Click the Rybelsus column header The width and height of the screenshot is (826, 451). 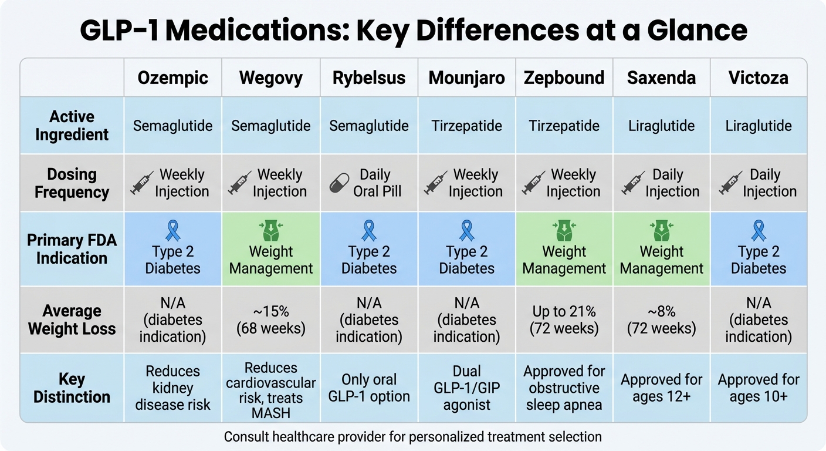coord(369,78)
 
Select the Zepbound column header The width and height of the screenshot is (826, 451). coord(564,78)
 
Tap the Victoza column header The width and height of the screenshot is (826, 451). coord(759,78)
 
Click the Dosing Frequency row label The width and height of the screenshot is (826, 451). coord(72,183)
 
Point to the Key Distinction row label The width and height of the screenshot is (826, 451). coord(72,388)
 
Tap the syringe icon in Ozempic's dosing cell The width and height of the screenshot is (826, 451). coord(142,183)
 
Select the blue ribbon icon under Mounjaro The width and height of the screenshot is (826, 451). coord(466,231)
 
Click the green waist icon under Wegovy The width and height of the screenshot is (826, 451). coord(270,231)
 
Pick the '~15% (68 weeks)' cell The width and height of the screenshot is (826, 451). coord(270,319)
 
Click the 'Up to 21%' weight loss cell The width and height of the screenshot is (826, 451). coord(564,319)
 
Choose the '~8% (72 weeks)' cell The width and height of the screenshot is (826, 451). coord(661,319)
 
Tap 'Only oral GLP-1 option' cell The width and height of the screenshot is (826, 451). coord(369,388)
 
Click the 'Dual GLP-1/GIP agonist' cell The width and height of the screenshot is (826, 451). coord(466,388)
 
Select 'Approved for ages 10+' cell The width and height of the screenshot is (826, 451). coord(759,388)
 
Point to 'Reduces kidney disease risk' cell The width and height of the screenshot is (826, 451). coord(172,388)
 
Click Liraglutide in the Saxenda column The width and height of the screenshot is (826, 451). coord(661,126)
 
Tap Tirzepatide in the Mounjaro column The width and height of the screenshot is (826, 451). coord(466,126)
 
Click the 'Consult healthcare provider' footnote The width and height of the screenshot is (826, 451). coord(412,436)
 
